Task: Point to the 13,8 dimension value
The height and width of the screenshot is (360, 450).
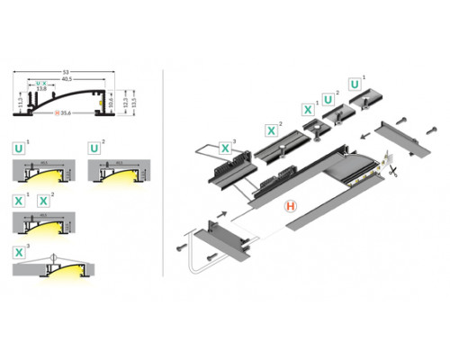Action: click(41, 88)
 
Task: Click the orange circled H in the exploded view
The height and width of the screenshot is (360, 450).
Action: click(292, 206)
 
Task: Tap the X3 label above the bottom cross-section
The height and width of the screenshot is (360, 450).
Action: click(19, 251)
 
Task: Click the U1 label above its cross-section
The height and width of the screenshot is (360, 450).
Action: click(19, 145)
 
